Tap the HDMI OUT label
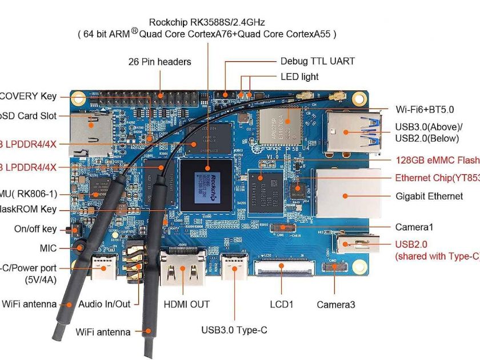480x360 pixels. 187,305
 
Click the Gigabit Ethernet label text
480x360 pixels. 429,196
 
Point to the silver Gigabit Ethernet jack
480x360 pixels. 344,194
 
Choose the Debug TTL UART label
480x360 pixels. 317,61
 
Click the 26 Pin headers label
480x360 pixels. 159,61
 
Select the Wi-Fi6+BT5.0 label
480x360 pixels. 425,109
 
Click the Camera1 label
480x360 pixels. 414,227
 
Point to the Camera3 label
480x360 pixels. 336,305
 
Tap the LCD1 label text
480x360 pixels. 281,305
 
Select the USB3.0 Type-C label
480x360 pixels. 234,330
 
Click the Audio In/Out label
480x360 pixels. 105,304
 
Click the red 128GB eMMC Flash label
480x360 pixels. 437,159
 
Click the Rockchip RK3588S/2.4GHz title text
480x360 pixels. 206,22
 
